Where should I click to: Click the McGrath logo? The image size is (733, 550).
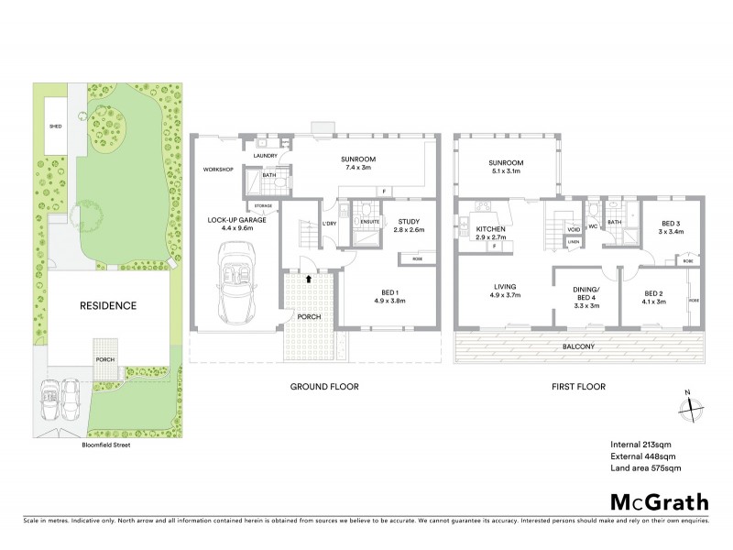coord(659,501)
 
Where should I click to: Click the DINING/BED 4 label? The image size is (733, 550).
coord(585,294)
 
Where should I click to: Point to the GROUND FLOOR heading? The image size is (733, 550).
coord(324,387)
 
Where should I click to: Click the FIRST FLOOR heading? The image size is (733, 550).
coord(580,387)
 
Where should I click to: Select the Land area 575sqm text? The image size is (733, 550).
coord(645,468)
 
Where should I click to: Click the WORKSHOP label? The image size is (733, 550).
coord(220,170)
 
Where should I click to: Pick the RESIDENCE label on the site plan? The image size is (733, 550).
coord(106,305)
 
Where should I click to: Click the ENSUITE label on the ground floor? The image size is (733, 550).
coord(369,221)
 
